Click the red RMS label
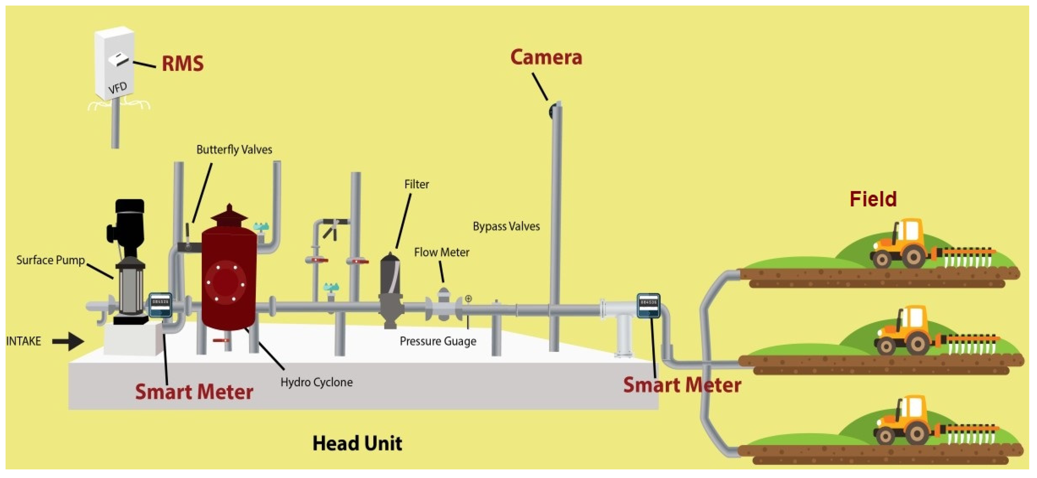(x=182, y=63)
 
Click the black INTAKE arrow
(x=68, y=341)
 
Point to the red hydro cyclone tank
(x=229, y=278)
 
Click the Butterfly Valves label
(x=234, y=150)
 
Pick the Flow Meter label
(x=442, y=252)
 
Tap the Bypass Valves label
(x=506, y=226)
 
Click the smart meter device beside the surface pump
(x=160, y=305)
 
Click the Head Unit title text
(x=357, y=443)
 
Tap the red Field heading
(x=873, y=199)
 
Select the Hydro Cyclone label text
(x=317, y=382)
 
